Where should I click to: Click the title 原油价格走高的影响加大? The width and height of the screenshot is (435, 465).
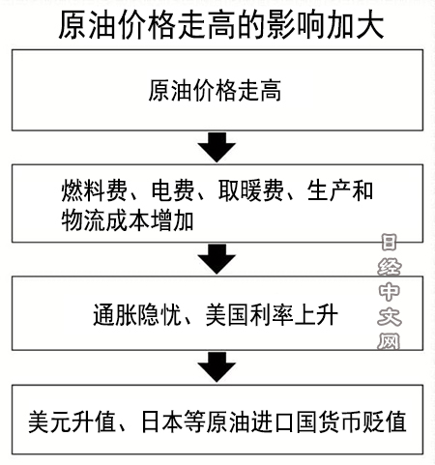[x=221, y=25]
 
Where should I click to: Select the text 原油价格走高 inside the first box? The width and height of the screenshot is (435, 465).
[x=215, y=91]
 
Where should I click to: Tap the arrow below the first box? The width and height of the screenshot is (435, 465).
[x=217, y=147]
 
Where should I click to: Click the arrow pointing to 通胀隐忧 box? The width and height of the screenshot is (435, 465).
[x=217, y=259]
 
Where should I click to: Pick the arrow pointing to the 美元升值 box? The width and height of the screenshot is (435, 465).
[x=217, y=367]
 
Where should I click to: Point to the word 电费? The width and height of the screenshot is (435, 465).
[x=172, y=191]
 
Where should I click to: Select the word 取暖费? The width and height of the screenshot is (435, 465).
[x=251, y=191]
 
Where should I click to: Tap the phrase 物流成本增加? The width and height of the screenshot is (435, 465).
[x=128, y=221]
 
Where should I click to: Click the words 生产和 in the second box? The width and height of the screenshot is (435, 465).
[x=340, y=191]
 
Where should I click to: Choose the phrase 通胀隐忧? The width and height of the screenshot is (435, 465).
[x=137, y=314]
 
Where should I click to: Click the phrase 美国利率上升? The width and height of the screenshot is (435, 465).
[x=272, y=314]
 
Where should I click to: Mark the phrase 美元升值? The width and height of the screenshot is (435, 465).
[x=72, y=421]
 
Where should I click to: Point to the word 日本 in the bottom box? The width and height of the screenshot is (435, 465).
[x=162, y=421]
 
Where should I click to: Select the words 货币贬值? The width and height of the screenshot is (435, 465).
[x=362, y=421]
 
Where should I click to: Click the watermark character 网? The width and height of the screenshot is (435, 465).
[x=389, y=341]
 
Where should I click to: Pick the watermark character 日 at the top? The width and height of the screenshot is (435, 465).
[x=390, y=243]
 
